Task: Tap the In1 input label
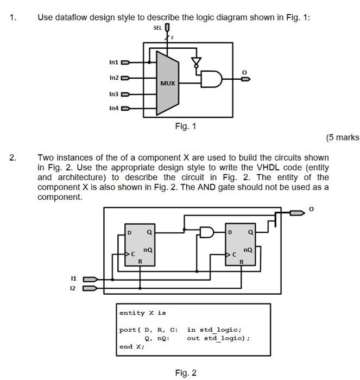(x=113, y=62)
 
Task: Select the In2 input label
(x=113, y=78)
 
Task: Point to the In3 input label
(x=113, y=94)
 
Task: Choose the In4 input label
(x=113, y=109)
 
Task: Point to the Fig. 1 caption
(x=186, y=126)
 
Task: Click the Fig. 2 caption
(x=186, y=372)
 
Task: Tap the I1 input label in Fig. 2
(x=74, y=278)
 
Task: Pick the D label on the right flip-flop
(x=230, y=232)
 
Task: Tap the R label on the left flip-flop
(x=140, y=262)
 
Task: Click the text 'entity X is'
(x=143, y=313)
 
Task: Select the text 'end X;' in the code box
(x=132, y=346)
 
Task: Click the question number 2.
(x=13, y=158)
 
